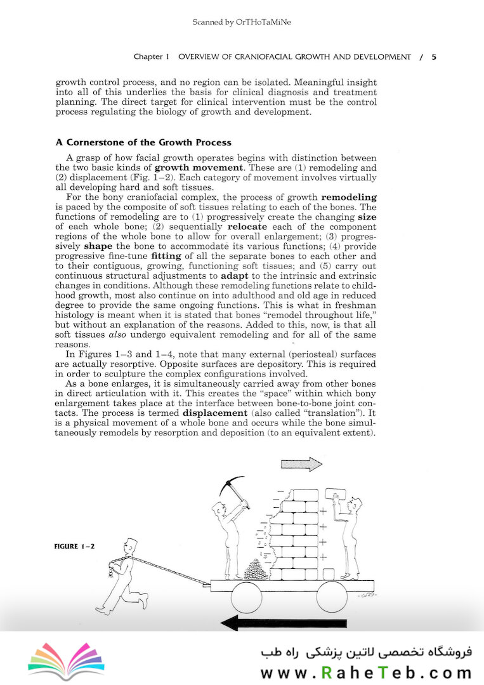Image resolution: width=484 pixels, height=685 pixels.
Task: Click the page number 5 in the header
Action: tap(434, 57)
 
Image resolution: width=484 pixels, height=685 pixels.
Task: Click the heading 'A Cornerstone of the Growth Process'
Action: tap(143, 142)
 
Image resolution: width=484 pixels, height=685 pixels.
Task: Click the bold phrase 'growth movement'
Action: tap(192, 168)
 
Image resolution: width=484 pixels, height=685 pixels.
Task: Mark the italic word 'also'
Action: tap(118, 333)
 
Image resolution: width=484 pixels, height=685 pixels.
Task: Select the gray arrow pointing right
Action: tap(302, 464)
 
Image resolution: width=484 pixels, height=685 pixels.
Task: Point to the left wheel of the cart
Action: tap(247, 598)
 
